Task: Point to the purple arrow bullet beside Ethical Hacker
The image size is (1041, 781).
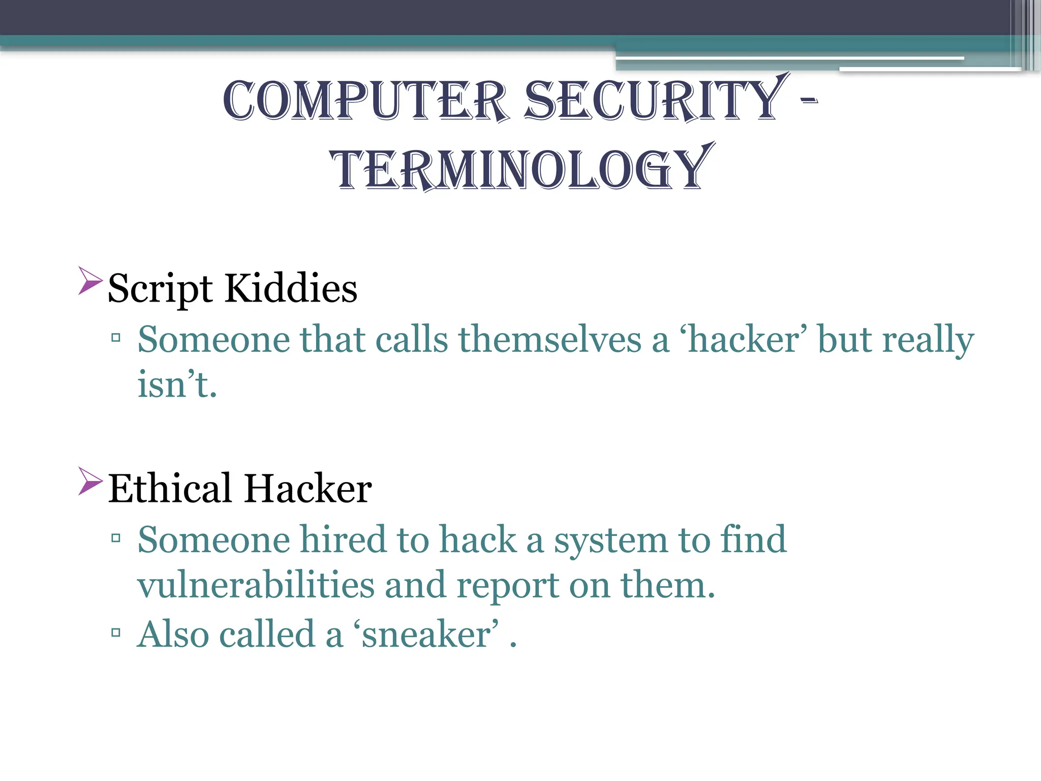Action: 90,480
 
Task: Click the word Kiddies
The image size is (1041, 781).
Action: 291,288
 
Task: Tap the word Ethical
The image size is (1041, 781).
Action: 170,489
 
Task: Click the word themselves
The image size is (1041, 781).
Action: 550,339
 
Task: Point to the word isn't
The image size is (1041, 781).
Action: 177,384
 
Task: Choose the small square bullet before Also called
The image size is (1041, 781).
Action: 116,633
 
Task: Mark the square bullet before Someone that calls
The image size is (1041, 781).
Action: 116,337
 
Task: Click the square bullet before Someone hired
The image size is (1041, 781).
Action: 116,537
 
